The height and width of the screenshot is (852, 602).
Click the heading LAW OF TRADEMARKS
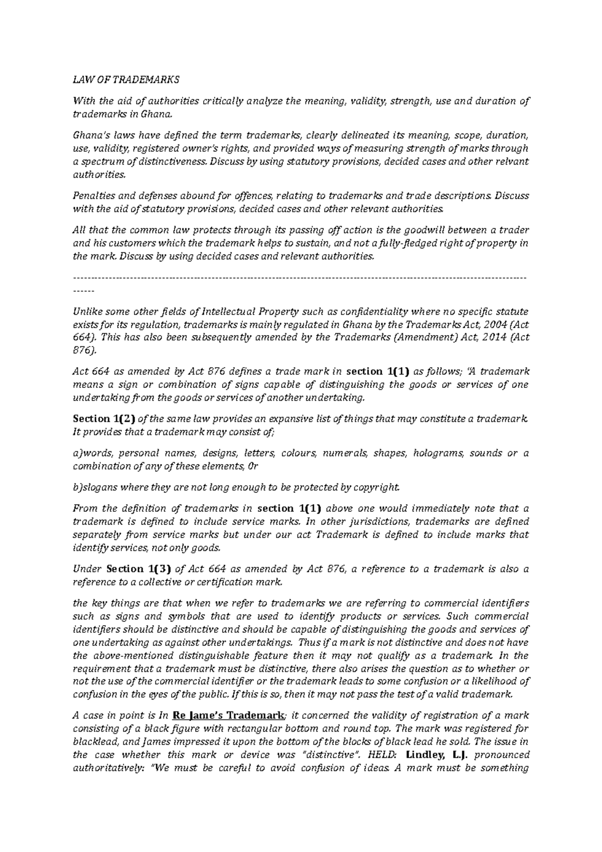[x=126, y=80]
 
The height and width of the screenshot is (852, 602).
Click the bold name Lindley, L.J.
[x=437, y=755]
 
